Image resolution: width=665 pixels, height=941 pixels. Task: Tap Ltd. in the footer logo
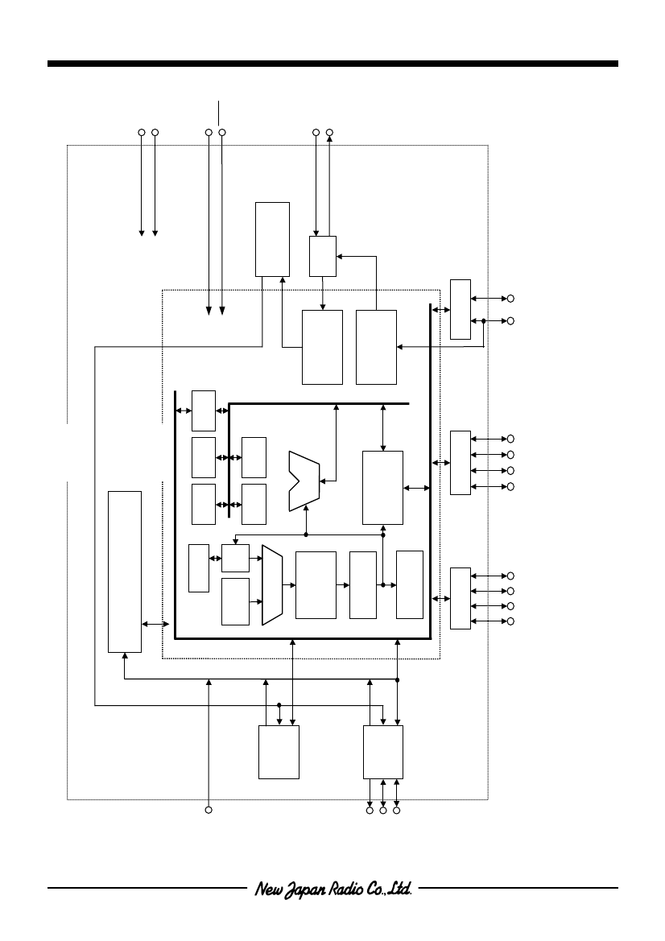(x=400, y=888)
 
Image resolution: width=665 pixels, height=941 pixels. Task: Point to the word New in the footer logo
(x=267, y=888)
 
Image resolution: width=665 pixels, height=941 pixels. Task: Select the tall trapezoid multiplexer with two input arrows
(x=272, y=585)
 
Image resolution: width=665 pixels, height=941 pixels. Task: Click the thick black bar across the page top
(x=332, y=64)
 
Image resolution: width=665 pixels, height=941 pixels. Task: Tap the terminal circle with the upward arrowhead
(x=329, y=132)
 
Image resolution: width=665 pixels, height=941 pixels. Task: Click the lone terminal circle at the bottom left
(x=209, y=810)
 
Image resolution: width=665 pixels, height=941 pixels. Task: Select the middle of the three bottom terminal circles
(x=383, y=811)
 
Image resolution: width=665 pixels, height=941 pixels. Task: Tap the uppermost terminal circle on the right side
(x=510, y=299)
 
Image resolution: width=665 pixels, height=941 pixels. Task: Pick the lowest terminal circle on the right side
(x=510, y=621)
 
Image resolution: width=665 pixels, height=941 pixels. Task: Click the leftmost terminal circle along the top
(x=142, y=132)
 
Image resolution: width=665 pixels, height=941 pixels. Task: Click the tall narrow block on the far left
(x=125, y=572)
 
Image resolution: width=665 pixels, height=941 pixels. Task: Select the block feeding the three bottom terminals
(x=383, y=752)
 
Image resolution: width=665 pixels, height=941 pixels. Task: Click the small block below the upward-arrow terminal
(x=323, y=256)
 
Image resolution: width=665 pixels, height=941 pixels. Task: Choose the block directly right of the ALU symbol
(x=383, y=488)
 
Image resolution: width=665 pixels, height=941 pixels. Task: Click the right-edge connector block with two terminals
(x=461, y=309)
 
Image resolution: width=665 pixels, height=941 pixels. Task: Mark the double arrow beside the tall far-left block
(x=155, y=625)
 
